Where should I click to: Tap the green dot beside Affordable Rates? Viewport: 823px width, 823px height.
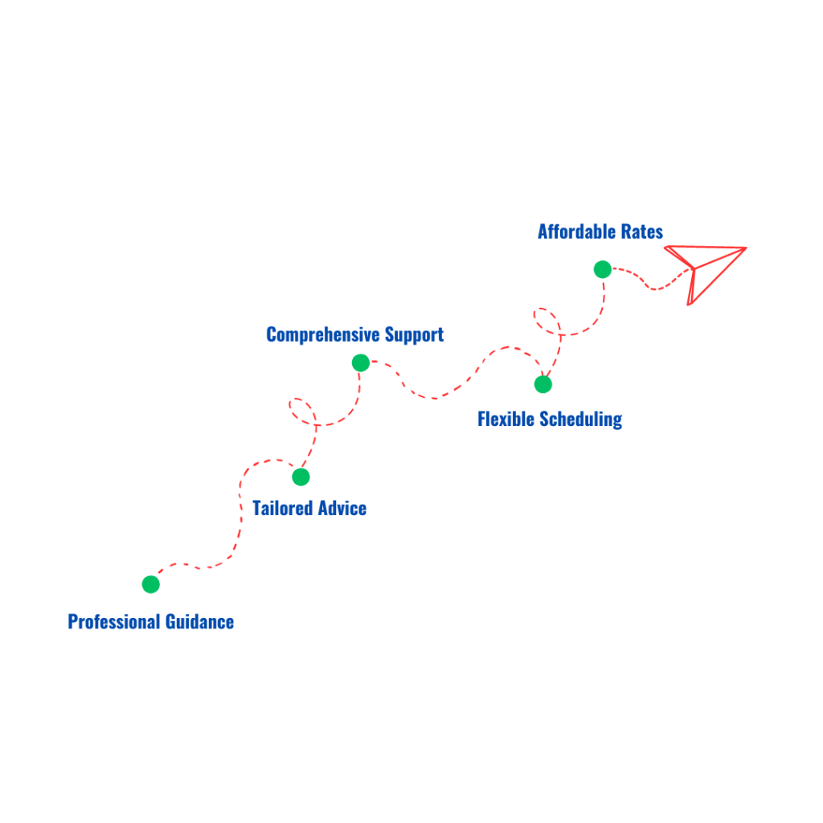tap(603, 270)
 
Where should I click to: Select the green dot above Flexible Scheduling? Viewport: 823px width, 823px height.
tap(543, 384)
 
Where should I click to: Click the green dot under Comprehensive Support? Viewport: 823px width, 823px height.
tap(361, 362)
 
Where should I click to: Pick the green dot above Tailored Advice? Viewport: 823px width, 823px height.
tap(301, 477)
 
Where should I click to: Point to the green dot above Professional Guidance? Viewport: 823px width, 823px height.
tap(151, 584)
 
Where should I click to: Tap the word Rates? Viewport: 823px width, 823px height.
tap(642, 231)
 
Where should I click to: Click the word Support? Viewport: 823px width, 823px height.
tap(414, 334)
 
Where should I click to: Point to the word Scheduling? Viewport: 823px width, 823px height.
tap(580, 419)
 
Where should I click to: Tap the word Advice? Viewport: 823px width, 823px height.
tap(342, 508)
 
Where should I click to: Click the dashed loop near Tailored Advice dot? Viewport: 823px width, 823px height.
tap(301, 409)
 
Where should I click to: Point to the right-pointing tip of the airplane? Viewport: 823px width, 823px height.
tap(746, 248)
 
